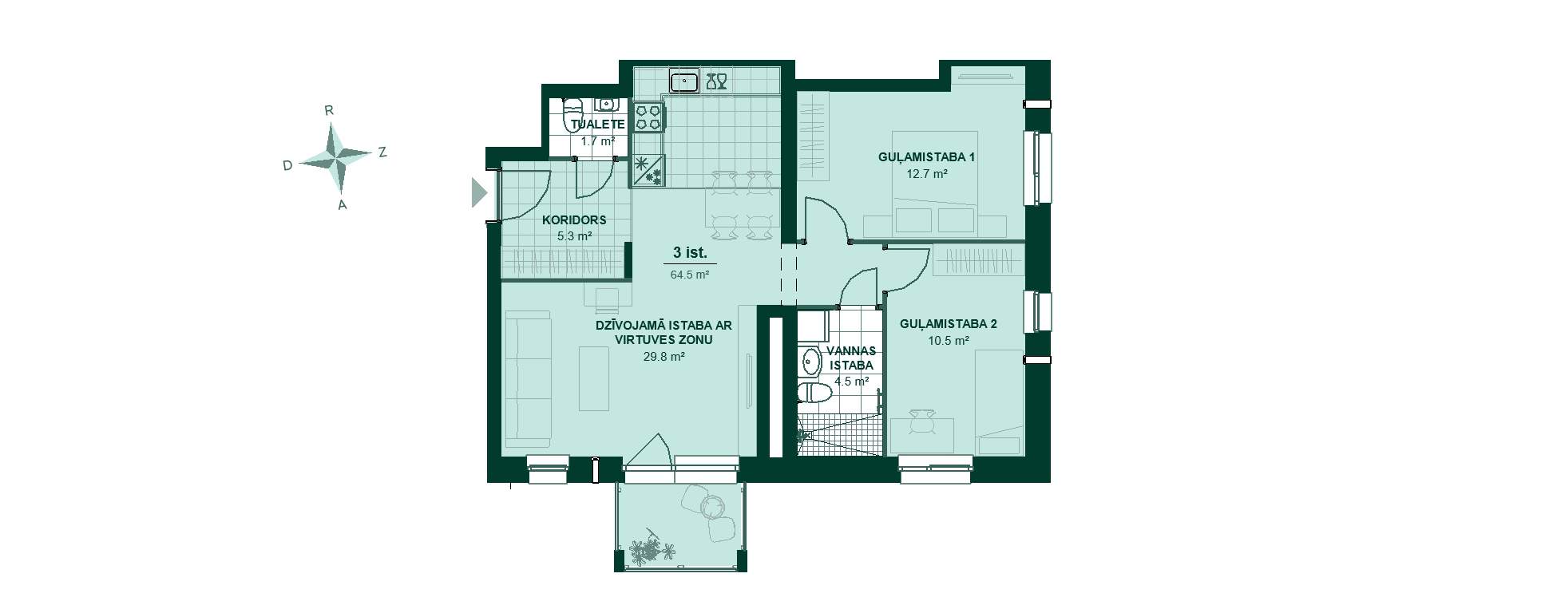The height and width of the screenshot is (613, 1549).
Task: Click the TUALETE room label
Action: pyautogui.click(x=597, y=125)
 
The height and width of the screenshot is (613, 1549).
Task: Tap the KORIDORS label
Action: pyautogui.click(x=574, y=220)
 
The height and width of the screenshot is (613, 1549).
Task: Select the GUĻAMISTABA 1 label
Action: pyautogui.click(x=926, y=157)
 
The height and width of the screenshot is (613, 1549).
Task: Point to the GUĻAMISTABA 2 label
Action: pyautogui.click(x=948, y=324)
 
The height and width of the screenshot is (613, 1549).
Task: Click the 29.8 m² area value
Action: pyautogui.click(x=664, y=357)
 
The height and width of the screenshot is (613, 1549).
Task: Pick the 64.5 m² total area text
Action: pyautogui.click(x=690, y=275)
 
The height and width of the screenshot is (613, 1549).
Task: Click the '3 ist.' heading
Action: pyautogui.click(x=690, y=253)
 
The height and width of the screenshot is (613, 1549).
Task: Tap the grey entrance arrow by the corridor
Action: pyautogui.click(x=479, y=192)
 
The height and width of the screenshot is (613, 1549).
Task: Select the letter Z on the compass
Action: pyautogui.click(x=382, y=152)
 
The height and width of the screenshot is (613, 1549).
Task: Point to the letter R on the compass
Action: pyautogui.click(x=329, y=111)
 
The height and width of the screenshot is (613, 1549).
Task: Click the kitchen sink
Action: pyautogui.click(x=684, y=81)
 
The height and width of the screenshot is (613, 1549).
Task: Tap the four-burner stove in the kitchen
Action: pyautogui.click(x=648, y=117)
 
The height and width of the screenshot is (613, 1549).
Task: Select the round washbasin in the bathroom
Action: pyautogui.click(x=810, y=362)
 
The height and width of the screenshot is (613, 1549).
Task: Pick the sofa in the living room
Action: pyautogui.click(x=527, y=379)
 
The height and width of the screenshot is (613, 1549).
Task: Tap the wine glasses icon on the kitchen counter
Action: pyautogui.click(x=716, y=81)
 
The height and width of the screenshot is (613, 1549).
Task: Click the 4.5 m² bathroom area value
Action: pyautogui.click(x=851, y=382)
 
